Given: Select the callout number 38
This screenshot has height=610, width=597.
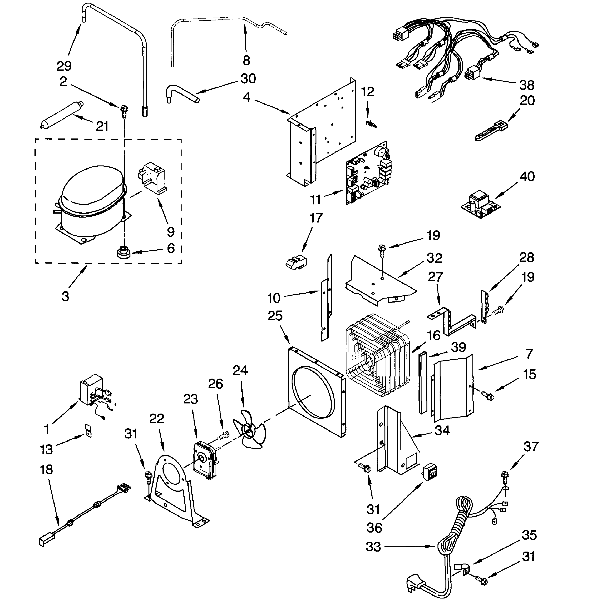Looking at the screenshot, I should pyautogui.click(x=527, y=85).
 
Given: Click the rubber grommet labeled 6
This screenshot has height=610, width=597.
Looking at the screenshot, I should pyautogui.click(x=124, y=252).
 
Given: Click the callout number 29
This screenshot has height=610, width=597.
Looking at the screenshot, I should pyautogui.click(x=64, y=66).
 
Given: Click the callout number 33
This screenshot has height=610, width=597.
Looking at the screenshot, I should pyautogui.click(x=373, y=547).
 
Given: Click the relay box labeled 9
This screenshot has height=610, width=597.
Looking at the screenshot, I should pyautogui.click(x=153, y=178).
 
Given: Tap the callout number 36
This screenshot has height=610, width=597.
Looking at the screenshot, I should pyautogui.click(x=374, y=528).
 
